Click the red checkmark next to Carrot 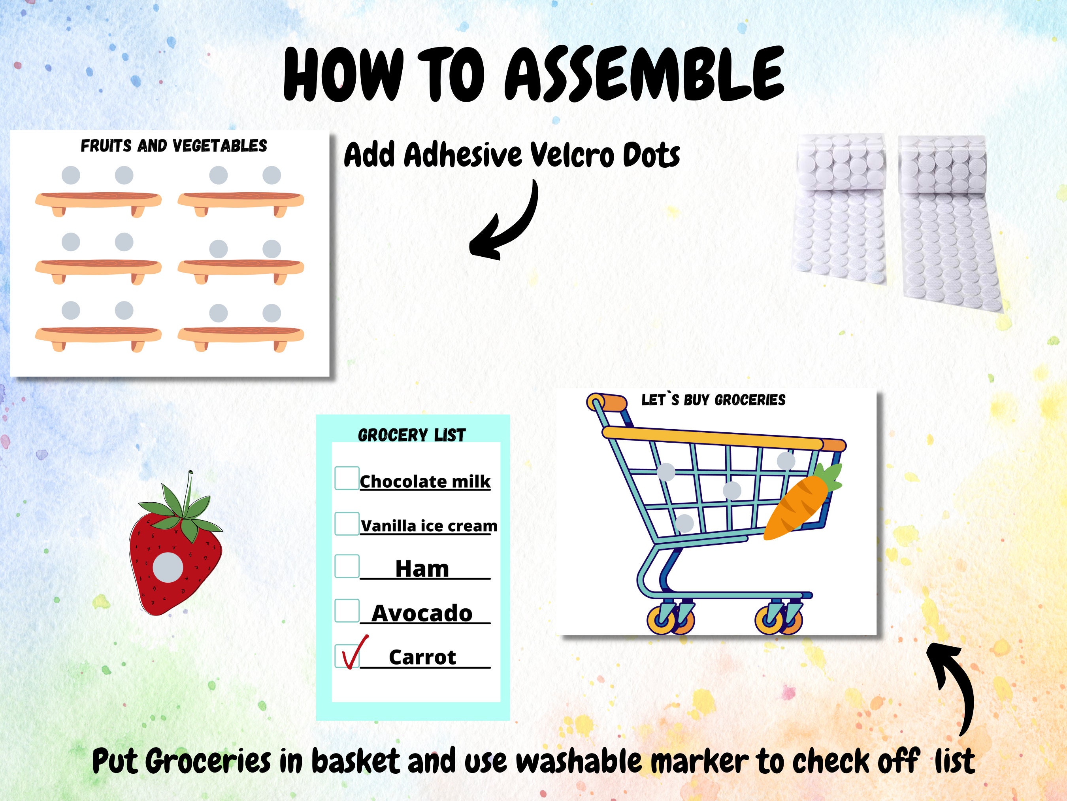point(354,652)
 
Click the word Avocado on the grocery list point(422,614)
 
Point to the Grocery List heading point(411,435)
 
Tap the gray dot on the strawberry point(168,567)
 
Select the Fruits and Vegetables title point(173,146)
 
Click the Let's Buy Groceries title point(713,400)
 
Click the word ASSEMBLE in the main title point(644,75)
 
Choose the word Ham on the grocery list point(422,569)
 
